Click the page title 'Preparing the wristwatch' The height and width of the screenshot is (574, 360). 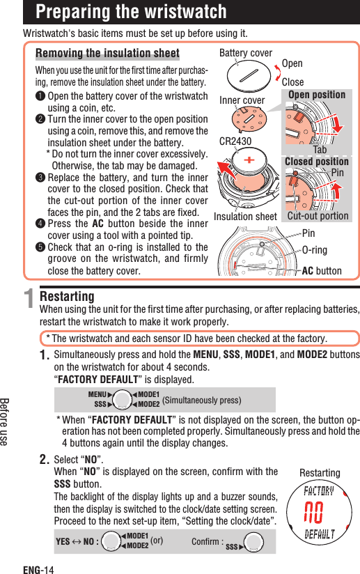click(x=131, y=12)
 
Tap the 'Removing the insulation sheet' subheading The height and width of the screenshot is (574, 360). click(x=107, y=54)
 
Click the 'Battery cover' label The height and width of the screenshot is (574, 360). click(x=246, y=53)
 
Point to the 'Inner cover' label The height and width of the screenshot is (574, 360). click(x=242, y=100)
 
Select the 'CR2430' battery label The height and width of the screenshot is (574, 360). click(x=235, y=141)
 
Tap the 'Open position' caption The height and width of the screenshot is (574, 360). click(x=317, y=95)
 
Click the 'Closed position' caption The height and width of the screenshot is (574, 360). click(x=317, y=162)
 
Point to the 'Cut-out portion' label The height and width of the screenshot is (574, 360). click(x=318, y=216)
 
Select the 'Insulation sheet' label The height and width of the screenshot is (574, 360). click(x=246, y=217)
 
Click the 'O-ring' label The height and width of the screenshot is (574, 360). click(x=314, y=249)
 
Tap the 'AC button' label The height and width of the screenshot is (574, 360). click(x=322, y=271)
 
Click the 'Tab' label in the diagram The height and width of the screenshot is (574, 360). click(x=320, y=150)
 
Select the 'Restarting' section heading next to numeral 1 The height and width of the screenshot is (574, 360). click(x=68, y=297)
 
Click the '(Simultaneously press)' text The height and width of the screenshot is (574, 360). click(x=201, y=400)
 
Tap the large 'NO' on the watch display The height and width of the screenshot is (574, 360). click(x=319, y=513)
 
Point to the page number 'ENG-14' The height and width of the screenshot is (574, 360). click(x=38, y=568)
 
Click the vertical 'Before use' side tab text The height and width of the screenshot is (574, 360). click(x=7, y=421)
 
